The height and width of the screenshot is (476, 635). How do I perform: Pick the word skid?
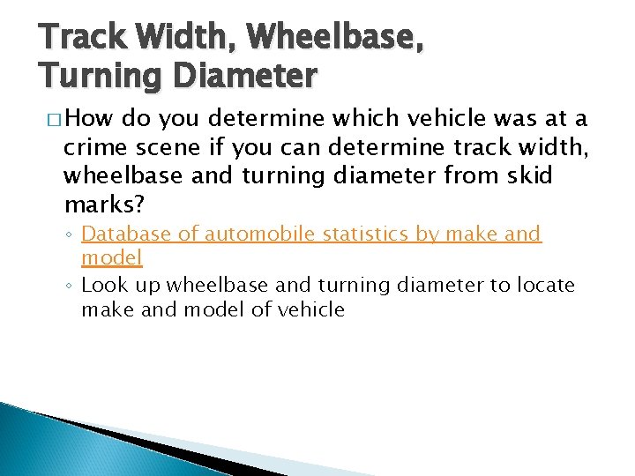click(x=527, y=175)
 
